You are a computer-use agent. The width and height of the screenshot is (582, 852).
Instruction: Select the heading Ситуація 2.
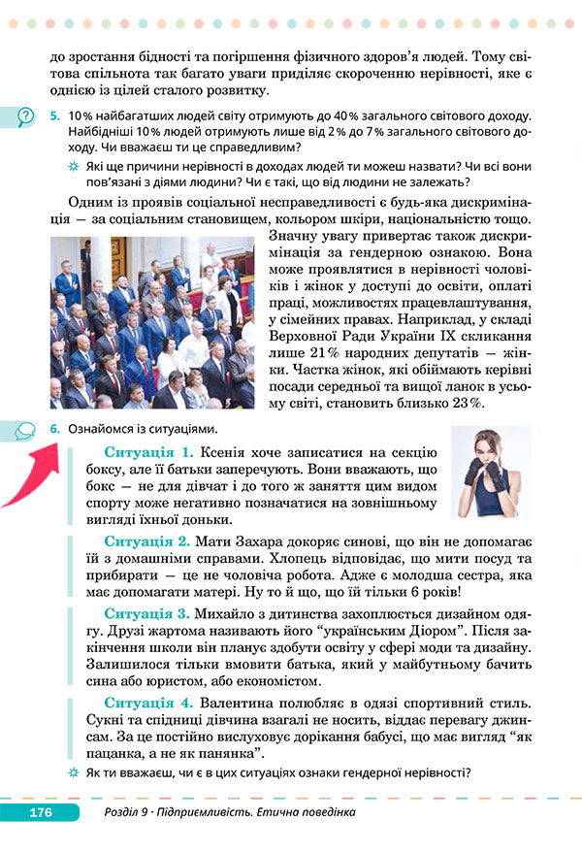(148, 540)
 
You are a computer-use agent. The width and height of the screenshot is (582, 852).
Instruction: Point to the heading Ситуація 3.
(148, 614)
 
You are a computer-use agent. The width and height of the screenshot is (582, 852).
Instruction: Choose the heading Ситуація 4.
(148, 702)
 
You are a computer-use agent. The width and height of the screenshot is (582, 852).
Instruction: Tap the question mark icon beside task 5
(24, 117)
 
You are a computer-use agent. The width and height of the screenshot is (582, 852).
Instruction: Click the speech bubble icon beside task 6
(24, 429)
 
